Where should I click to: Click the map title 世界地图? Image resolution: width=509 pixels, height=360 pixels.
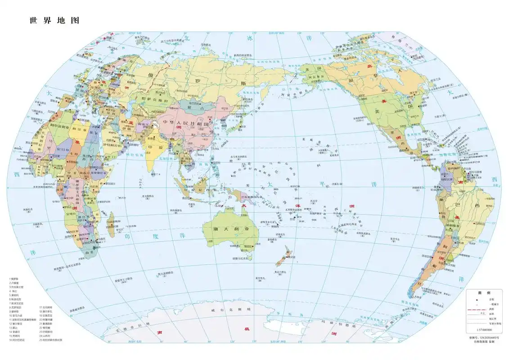point(54,21)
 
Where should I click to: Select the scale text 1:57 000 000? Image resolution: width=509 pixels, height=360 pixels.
point(482,330)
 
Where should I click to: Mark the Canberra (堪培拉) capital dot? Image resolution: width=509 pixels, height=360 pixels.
point(253,246)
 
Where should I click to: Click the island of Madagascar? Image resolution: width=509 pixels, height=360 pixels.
point(111,225)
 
